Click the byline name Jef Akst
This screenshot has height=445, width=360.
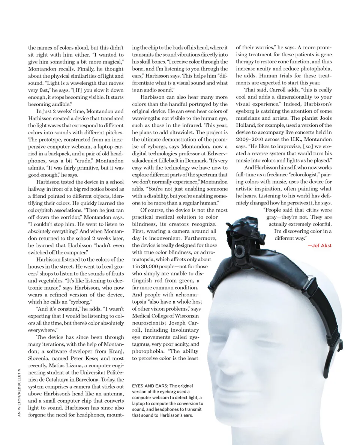coord(321,245)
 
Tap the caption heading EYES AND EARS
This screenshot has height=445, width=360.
coord(149,386)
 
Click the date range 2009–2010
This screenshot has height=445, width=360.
coord(251,139)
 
